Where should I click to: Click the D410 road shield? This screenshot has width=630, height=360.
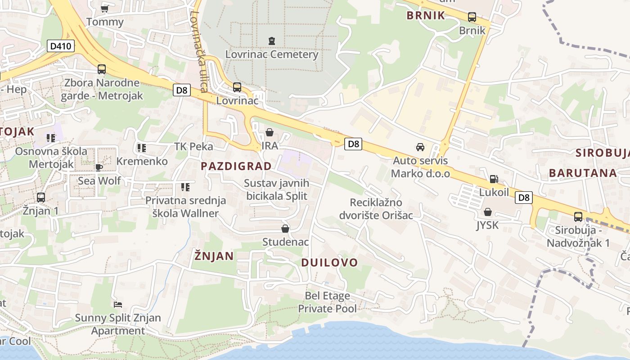pos(61,46)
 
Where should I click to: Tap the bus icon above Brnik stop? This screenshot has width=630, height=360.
pos(472,17)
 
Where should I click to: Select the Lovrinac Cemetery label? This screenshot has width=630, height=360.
pos(272,54)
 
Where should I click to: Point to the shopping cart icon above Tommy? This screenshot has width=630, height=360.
pos(105,9)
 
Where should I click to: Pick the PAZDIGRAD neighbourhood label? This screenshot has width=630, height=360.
pos(236,166)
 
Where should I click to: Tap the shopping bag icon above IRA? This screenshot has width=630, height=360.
pos(270,132)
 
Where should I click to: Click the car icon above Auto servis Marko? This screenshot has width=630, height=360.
pos(420,147)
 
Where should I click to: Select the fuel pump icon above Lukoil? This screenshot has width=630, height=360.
pos(494,179)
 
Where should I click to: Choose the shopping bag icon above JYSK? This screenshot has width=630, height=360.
pos(488,211)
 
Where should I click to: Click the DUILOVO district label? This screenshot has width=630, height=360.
pos(330,262)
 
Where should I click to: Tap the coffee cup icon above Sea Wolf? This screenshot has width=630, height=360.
pos(99,167)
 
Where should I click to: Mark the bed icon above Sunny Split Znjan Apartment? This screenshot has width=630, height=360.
pos(118,305)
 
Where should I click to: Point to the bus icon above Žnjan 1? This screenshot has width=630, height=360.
pos(41,197)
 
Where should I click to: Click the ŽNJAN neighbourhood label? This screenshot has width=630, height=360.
pos(214,256)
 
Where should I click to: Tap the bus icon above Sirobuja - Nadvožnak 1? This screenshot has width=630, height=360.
pos(578,217)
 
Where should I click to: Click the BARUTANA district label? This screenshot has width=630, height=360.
pos(582,173)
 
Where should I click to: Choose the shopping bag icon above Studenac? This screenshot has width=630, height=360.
pos(285,229)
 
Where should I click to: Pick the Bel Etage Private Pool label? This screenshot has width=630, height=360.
pos(327,302)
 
